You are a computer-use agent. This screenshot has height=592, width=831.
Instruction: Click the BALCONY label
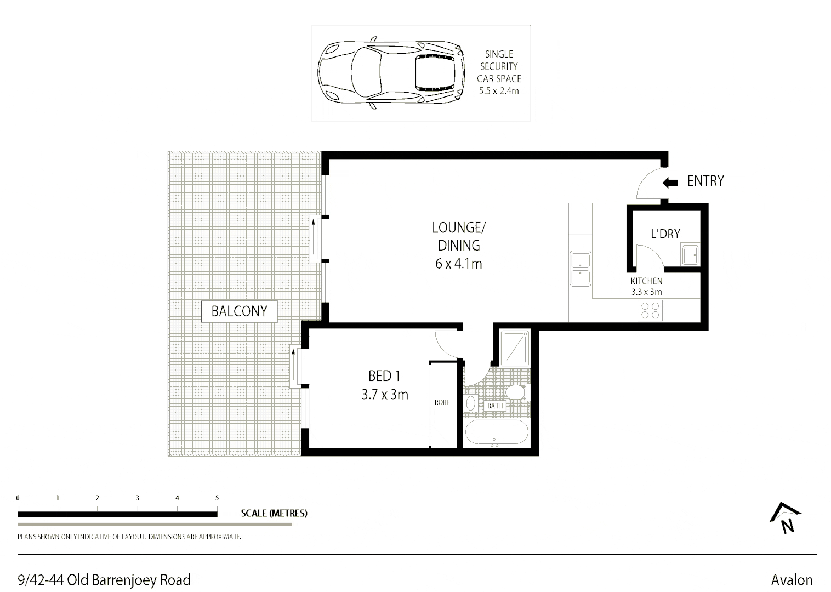coord(239,311)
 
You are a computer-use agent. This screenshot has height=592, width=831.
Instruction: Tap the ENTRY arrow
coord(670,182)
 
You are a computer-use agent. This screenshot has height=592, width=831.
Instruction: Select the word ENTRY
coord(705,181)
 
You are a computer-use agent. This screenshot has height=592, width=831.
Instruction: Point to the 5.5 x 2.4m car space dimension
coord(498,91)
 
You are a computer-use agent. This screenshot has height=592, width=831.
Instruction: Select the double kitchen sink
coord(580,268)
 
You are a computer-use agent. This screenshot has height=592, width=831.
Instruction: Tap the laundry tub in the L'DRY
coord(690,255)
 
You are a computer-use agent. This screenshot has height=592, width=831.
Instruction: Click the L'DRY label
coord(665,234)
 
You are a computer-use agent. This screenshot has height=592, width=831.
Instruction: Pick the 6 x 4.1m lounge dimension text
coord(458,264)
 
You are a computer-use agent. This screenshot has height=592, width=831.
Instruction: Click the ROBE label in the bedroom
coord(442,402)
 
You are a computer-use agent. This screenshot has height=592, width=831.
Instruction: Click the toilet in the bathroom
coord(515,392)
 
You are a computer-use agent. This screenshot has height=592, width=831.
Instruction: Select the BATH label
coord(494,406)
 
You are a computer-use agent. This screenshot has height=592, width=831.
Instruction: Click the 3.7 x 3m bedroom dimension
coord(385,394)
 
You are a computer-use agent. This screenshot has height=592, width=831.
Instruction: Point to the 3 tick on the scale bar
coord(137,498)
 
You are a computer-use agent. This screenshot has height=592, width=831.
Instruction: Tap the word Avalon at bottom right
coord(792,580)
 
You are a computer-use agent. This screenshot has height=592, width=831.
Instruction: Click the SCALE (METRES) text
coord(274,514)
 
